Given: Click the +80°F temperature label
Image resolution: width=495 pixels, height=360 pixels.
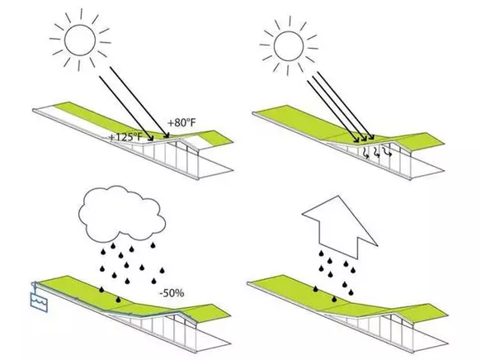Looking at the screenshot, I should tap(181, 123).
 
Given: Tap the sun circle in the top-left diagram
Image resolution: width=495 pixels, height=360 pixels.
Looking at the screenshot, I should tap(83, 39).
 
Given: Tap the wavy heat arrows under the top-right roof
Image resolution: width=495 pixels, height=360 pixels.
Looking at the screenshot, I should tap(375, 152).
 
